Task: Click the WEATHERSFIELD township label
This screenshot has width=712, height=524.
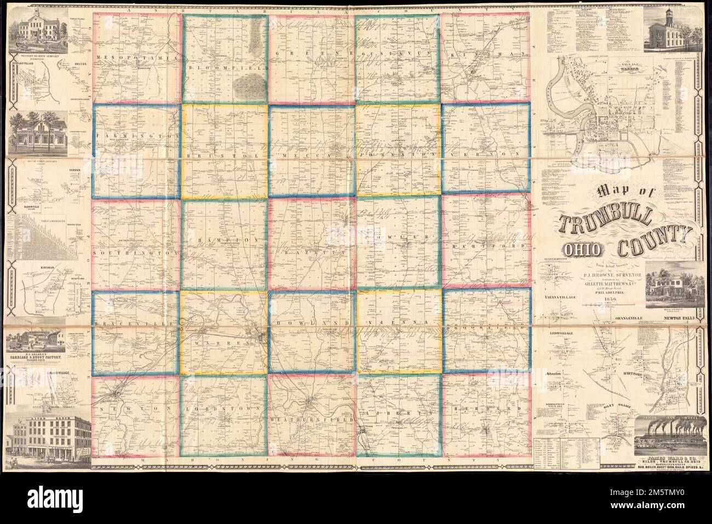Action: (311, 418)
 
